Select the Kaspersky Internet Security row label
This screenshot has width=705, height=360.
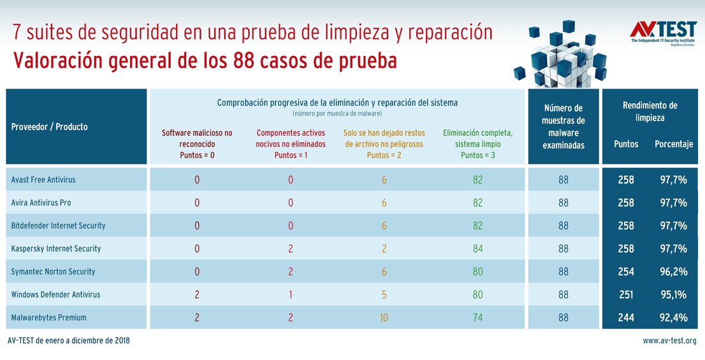(x=56, y=248)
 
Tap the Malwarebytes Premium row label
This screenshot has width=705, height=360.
(x=48, y=317)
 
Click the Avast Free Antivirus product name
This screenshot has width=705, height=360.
(x=43, y=180)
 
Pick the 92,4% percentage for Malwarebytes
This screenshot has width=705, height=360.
(x=673, y=317)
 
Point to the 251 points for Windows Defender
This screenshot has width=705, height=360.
(x=626, y=294)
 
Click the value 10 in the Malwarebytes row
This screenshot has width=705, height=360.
(x=384, y=317)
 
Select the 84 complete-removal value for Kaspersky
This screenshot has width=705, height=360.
(x=477, y=248)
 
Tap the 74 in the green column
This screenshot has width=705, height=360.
(x=477, y=317)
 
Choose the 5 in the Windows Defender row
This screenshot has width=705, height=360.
(x=384, y=294)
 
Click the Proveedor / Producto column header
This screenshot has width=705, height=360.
(x=50, y=127)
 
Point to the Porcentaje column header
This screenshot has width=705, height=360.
(x=674, y=144)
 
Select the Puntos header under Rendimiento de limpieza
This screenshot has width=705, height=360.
(x=626, y=144)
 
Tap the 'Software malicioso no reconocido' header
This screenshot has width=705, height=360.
(x=197, y=144)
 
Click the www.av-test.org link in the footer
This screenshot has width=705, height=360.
(x=669, y=341)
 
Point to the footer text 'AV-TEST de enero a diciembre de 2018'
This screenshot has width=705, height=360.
(x=69, y=341)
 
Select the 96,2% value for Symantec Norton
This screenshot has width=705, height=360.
(x=673, y=271)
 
